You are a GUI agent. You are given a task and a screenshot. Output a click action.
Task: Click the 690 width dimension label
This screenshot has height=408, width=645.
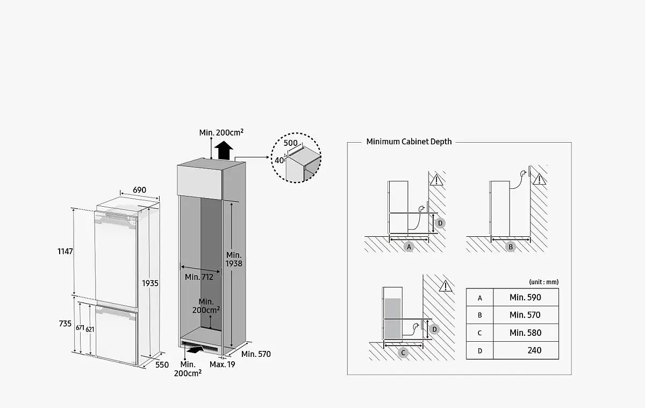point(139,190)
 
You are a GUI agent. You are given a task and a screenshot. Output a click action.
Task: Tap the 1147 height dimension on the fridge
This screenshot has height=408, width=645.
point(65,251)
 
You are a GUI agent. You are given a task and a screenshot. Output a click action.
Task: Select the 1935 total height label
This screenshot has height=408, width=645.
point(150,284)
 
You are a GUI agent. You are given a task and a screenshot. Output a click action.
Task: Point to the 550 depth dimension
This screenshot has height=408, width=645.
point(162,365)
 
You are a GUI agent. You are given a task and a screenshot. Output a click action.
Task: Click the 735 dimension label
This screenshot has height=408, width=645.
point(65,324)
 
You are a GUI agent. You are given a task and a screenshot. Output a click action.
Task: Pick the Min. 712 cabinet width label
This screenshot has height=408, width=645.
point(199,277)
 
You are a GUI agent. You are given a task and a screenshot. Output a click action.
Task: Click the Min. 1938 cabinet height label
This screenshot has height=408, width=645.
point(234,259)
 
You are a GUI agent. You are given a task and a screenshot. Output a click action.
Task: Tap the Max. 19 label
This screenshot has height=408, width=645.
point(223,364)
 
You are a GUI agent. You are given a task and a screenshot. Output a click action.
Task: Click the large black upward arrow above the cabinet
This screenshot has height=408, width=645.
point(224,150)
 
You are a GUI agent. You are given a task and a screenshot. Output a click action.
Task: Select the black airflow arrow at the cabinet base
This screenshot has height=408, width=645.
point(195,349)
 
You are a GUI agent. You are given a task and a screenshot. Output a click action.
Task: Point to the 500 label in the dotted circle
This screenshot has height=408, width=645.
point(291,143)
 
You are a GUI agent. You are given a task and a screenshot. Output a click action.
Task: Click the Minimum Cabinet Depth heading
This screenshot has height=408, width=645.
point(409,142)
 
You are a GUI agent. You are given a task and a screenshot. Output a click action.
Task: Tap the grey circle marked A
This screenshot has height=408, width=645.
point(409,247)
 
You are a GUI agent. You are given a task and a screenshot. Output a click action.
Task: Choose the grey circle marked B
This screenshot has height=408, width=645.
point(511,247)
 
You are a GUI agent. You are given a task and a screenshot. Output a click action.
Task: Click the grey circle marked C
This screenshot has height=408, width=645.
point(403,353)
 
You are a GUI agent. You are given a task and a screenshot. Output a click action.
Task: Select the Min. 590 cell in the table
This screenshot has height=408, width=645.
point(526,297)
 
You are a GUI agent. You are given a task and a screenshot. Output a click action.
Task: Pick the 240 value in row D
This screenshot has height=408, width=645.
point(534,350)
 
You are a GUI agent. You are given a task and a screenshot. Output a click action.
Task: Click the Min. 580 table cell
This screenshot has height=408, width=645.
point(526,333)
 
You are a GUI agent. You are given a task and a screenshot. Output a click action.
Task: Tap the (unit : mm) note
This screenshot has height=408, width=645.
point(543,282)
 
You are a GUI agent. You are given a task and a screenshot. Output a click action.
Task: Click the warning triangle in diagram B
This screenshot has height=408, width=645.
point(539,179)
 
